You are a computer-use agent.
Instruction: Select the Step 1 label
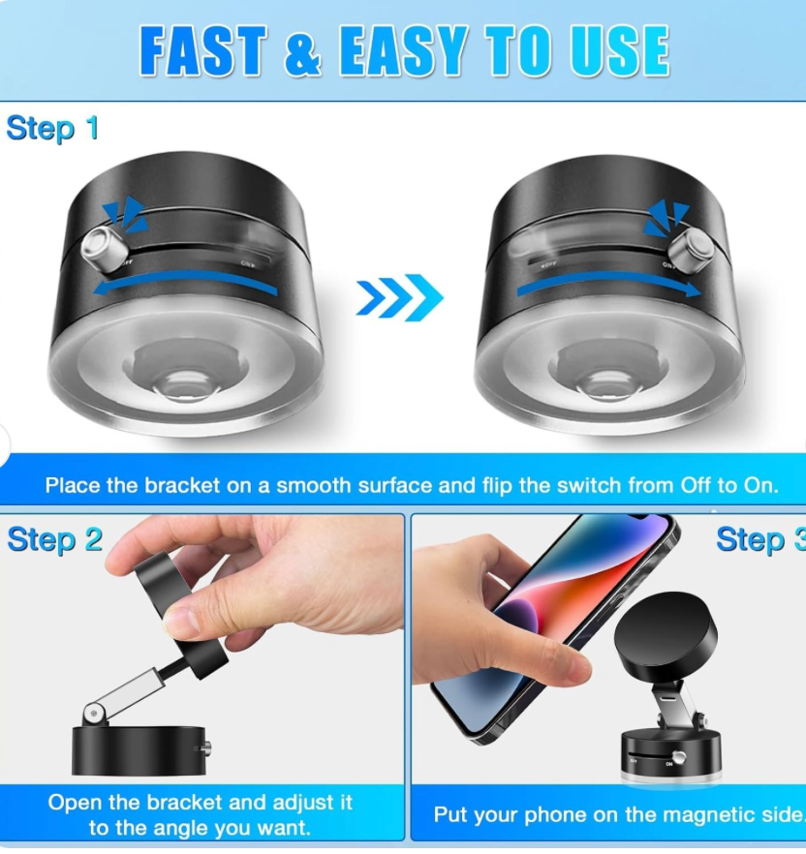[52, 128]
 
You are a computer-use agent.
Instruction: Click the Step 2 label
[54, 539]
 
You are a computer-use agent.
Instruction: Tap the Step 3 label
[759, 539]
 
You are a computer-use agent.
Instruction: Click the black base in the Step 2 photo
[140, 749]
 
